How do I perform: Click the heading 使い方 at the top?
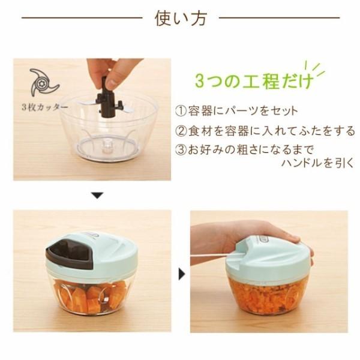click(179, 19)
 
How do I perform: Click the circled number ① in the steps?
click(181, 112)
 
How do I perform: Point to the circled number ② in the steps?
click(181, 131)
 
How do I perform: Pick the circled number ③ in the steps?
click(181, 149)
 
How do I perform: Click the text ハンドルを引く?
click(317, 163)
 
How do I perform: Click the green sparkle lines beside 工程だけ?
click(316, 68)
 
